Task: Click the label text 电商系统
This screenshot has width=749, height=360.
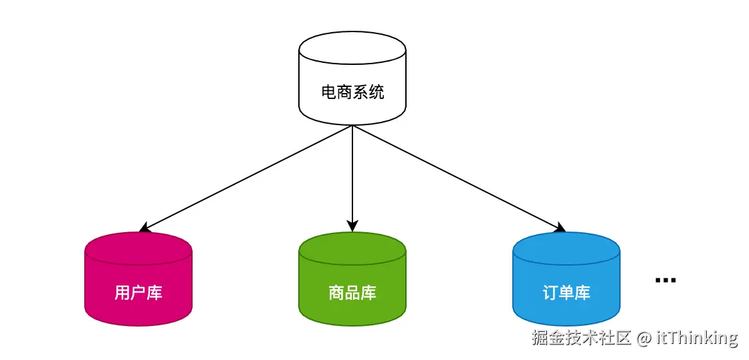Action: [x=352, y=92]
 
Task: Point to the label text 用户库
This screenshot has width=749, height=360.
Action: [x=138, y=293]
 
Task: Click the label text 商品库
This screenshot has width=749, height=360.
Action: [x=352, y=293]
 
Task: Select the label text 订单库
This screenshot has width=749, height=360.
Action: [x=566, y=293]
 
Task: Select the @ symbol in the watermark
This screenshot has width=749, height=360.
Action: [x=643, y=338]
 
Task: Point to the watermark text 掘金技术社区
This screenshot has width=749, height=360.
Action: [x=581, y=338]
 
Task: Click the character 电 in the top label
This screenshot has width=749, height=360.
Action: [x=328, y=92]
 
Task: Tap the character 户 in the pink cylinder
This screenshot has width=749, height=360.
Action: [x=138, y=293]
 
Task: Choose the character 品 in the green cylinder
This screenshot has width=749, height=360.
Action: [x=352, y=293]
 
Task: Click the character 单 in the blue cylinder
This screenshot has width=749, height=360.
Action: [x=566, y=293]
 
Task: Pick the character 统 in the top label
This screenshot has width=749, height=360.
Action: [x=377, y=92]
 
